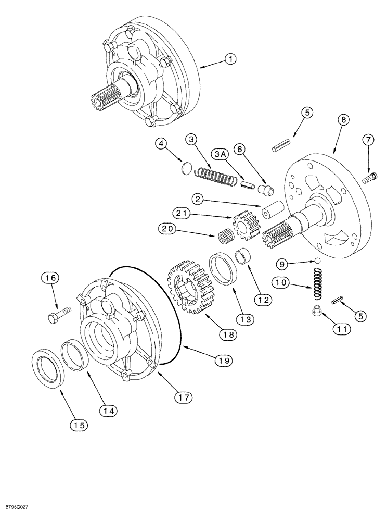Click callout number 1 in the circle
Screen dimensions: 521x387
(x=229, y=60)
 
